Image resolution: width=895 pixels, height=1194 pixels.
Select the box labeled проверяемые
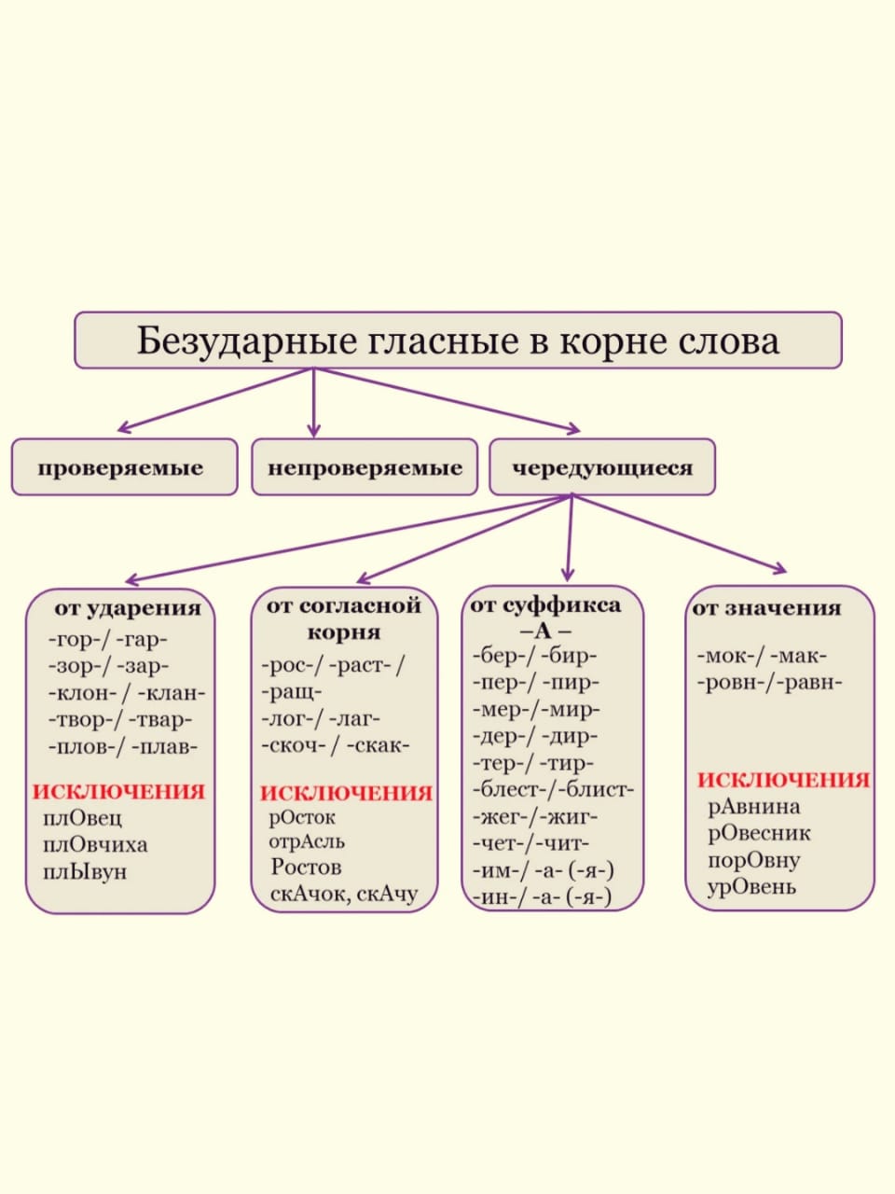click(x=124, y=467)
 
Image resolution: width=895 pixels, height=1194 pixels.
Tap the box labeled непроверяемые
click(x=365, y=467)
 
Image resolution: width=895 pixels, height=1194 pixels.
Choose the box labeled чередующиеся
click(x=602, y=467)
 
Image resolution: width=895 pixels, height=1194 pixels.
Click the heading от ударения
click(x=128, y=608)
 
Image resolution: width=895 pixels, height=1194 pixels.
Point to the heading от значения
click(x=766, y=608)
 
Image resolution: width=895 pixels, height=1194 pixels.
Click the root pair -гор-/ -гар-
click(x=108, y=640)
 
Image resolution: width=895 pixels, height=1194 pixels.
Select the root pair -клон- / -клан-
click(x=127, y=693)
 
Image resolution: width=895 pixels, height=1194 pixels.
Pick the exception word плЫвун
click(x=85, y=872)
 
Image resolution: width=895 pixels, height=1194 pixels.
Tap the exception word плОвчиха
click(x=95, y=845)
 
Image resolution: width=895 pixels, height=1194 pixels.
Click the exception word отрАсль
click(x=307, y=841)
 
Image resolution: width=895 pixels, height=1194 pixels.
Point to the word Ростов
click(x=306, y=868)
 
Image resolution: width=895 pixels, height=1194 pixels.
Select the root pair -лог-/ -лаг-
click(x=321, y=719)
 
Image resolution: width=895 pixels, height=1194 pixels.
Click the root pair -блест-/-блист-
click(x=553, y=790)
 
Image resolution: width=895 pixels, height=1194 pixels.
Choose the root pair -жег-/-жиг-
click(x=535, y=817)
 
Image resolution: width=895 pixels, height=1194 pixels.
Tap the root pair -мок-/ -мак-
click(x=762, y=657)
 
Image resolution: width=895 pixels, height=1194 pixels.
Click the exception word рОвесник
click(x=759, y=833)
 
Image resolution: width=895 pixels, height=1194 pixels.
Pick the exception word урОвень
click(x=751, y=887)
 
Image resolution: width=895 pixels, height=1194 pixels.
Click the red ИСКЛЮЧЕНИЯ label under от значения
click(x=783, y=780)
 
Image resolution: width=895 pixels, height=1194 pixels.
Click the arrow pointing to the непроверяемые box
click(x=313, y=403)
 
